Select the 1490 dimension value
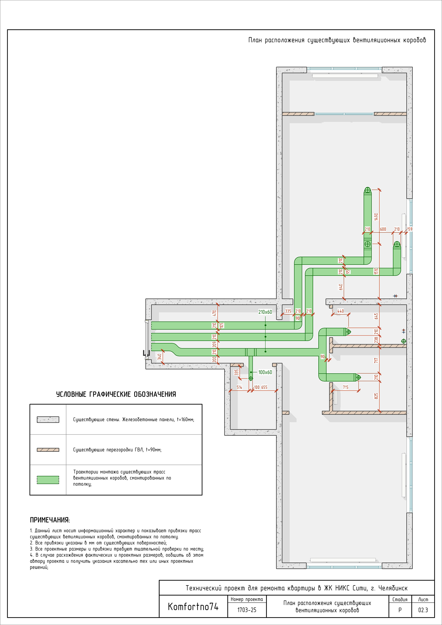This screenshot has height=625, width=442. [376, 217]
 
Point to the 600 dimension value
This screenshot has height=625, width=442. [383, 229]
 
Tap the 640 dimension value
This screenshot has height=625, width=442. [341, 287]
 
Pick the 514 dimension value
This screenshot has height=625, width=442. [239, 387]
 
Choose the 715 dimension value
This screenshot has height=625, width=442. [345, 387]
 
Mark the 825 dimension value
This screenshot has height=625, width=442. [376, 396]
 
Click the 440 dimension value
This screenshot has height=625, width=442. [340, 311]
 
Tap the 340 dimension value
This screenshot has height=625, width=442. [160, 357]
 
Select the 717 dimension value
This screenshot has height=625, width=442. [376, 360]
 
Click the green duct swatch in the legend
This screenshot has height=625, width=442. [48, 480]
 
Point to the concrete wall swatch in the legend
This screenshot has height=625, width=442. [48, 419]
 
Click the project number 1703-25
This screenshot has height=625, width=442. [247, 610]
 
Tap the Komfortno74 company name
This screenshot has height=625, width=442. [193, 607]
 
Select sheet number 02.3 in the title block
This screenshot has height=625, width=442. [423, 610]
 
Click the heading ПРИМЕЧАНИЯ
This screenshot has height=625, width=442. [50, 520]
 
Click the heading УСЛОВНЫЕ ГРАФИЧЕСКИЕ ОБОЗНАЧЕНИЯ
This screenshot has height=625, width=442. [116, 394]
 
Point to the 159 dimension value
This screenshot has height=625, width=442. [410, 229]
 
